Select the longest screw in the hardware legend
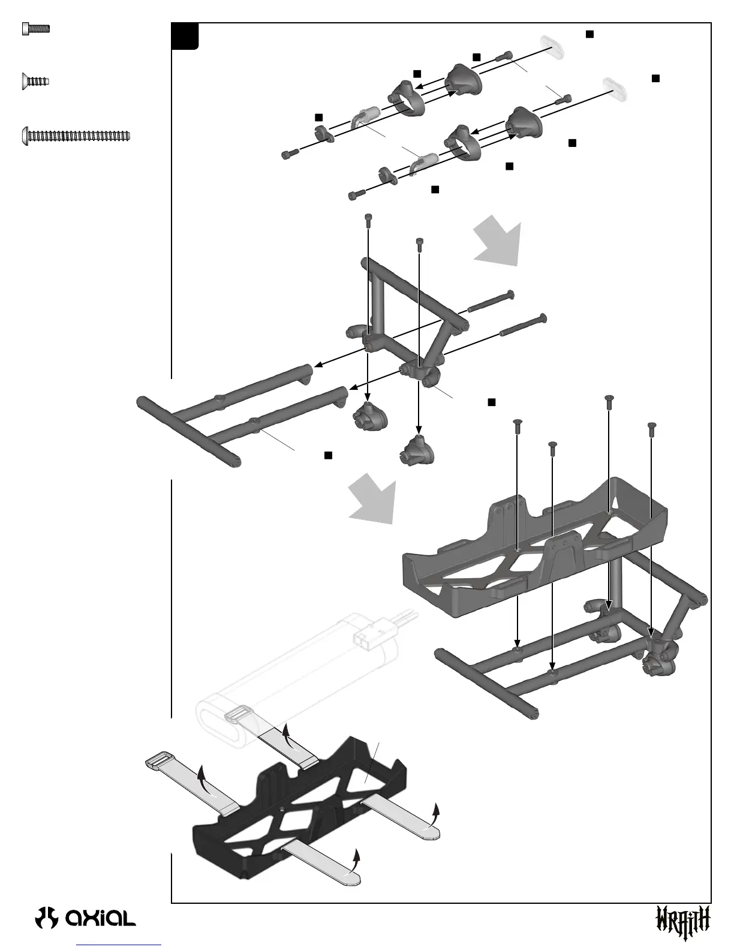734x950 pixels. (x=76, y=136)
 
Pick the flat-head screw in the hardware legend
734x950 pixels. (x=35, y=80)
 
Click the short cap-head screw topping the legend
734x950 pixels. (x=35, y=28)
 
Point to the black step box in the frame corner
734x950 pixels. (x=185, y=36)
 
